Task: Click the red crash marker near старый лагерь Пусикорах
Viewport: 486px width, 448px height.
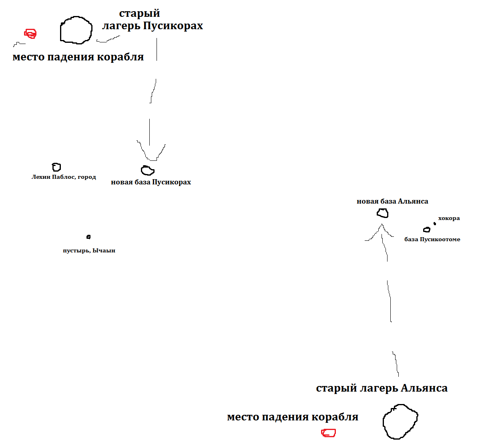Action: point(30,34)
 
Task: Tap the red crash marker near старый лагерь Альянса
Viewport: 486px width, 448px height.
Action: point(329,433)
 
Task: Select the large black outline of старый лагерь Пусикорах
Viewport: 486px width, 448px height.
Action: point(76,30)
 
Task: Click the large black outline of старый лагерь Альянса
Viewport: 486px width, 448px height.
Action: point(400,422)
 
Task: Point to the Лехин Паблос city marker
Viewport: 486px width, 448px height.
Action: point(56,167)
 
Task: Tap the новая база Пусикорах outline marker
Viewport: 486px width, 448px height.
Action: point(148,170)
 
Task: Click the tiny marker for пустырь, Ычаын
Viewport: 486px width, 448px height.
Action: point(88,237)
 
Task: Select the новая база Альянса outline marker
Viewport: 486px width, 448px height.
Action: point(383,213)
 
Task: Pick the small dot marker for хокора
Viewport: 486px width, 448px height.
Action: point(435,224)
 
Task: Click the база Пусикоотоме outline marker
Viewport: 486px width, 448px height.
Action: point(427,230)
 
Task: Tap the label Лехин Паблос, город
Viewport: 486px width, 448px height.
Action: point(64,177)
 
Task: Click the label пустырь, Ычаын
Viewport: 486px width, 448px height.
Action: point(89,250)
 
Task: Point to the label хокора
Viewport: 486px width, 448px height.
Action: point(449,218)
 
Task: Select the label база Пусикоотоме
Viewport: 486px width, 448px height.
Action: point(432,239)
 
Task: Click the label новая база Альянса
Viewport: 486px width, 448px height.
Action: point(392,201)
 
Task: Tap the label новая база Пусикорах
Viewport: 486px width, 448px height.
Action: point(151,182)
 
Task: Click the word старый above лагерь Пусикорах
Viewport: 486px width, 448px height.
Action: point(139,13)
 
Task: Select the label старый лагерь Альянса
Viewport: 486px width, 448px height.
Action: point(382,388)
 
